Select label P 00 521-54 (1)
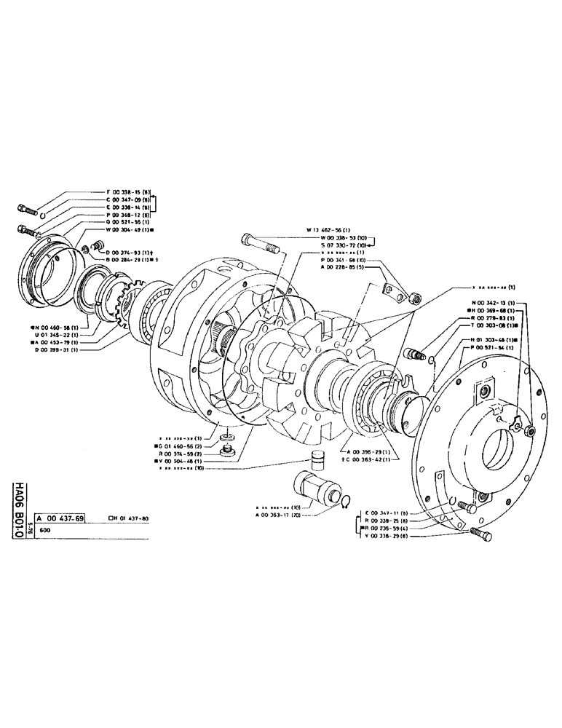[496, 349]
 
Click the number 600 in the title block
[48, 531]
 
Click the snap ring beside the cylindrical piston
[348, 499]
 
